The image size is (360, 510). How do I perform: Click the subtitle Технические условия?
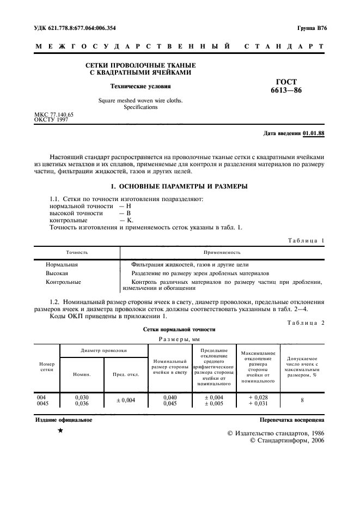click(141, 86)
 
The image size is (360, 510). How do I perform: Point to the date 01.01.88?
click(314, 133)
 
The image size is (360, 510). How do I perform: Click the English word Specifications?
click(141, 107)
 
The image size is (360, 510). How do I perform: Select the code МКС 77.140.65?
click(54, 114)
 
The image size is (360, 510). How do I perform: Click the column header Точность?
click(77, 252)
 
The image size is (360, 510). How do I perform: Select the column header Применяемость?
click(222, 252)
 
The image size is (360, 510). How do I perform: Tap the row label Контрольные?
click(63, 282)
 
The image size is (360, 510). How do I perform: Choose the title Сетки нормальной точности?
click(179, 329)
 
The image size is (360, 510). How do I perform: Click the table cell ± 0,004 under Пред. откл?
click(126, 400)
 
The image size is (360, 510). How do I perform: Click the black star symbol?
click(60, 430)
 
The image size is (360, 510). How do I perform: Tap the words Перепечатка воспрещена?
click(292, 420)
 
